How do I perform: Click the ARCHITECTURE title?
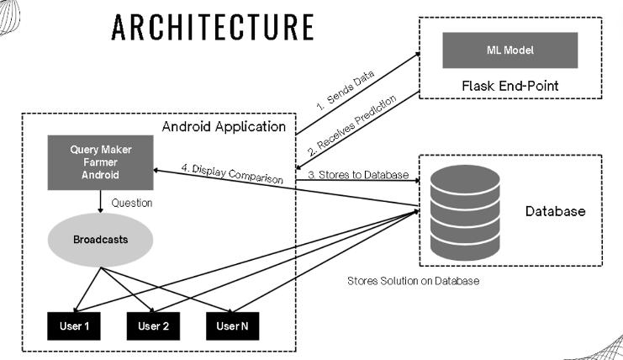pyautogui.click(x=212, y=27)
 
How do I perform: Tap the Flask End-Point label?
pyautogui.click(x=509, y=86)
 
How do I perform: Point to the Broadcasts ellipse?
pyautogui.click(x=100, y=240)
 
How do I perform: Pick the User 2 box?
pyautogui.click(x=154, y=326)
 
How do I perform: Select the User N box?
pyautogui.click(x=233, y=326)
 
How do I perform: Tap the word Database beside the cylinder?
pyautogui.click(x=555, y=212)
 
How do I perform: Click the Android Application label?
pyautogui.click(x=224, y=128)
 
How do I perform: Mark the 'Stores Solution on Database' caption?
pyautogui.click(x=413, y=281)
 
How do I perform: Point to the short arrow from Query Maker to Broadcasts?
pyautogui.click(x=100, y=201)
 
